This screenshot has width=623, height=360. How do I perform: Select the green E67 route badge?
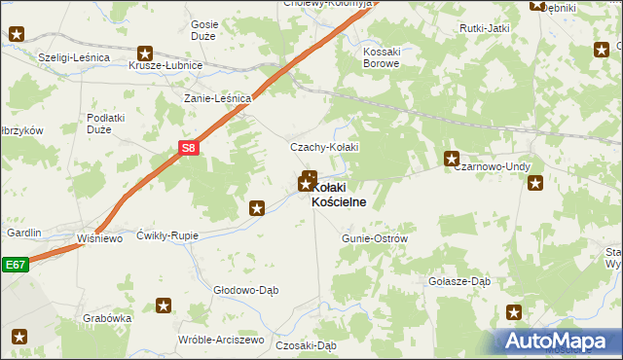14,264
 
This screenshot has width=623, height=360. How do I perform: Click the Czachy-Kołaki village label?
325,147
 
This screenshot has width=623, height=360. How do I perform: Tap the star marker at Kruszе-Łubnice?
145,54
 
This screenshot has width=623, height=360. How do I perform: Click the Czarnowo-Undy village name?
492,166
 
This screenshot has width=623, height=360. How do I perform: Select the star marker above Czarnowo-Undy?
452,158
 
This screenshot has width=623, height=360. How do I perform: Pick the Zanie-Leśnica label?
219,98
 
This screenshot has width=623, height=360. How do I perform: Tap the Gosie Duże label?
204,31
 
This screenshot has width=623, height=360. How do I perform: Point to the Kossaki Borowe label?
382,57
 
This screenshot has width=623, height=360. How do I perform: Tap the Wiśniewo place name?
98,236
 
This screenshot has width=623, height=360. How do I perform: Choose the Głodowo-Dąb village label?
246,289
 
